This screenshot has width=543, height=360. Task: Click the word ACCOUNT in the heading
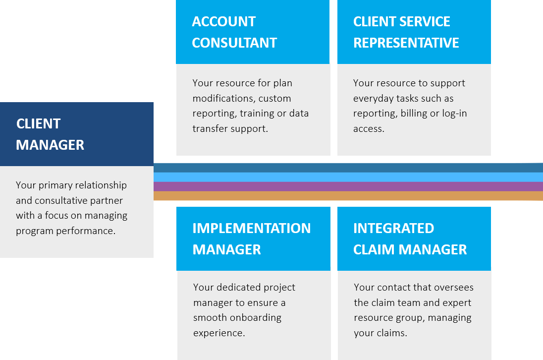(224, 21)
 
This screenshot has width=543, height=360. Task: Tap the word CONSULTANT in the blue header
(234, 43)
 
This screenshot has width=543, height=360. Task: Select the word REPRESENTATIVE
(406, 43)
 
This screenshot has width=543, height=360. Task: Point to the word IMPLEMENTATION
(252, 228)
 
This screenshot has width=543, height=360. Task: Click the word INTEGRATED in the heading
(394, 228)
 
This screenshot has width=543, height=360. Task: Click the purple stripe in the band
(348, 186)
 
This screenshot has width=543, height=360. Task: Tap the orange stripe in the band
(348, 196)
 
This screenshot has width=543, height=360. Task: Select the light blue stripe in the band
(348, 177)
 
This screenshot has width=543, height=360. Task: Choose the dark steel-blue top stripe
(348, 168)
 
